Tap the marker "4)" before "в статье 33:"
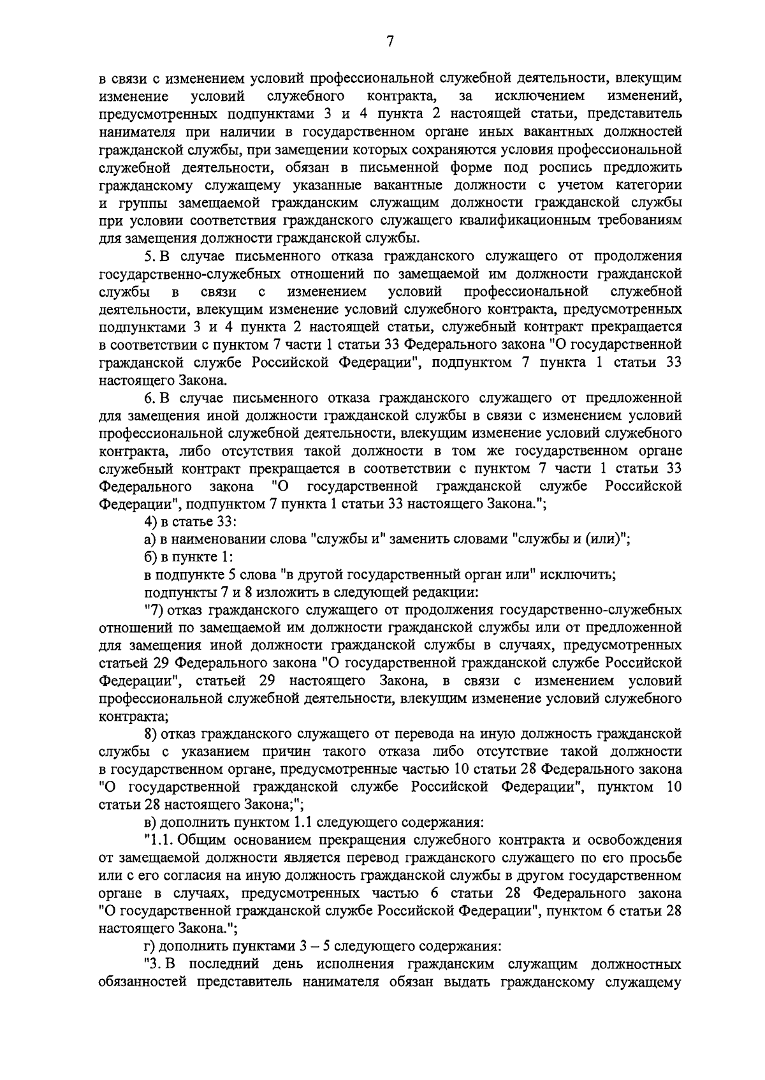[152, 522]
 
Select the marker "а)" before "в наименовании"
[151, 540]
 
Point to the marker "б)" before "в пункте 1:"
[151, 558]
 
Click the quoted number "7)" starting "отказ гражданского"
[153, 610]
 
